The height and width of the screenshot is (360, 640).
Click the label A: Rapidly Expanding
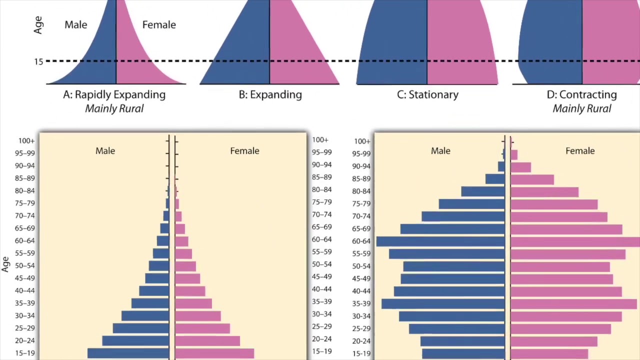114,94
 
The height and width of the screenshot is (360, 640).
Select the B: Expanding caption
270,94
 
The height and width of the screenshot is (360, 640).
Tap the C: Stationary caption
427,94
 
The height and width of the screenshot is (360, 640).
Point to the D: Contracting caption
581,94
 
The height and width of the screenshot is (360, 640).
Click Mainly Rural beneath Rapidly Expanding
114,108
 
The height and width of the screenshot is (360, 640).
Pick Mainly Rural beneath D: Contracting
581,108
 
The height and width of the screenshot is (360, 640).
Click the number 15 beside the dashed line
38,62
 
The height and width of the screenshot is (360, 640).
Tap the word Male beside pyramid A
75,24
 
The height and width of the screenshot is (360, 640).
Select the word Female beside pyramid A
159,24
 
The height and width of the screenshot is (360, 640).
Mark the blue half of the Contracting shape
550,45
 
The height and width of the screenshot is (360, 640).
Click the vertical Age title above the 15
38,25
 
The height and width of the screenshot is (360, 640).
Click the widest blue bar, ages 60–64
440,241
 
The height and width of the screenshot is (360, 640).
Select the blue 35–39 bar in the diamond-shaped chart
443,303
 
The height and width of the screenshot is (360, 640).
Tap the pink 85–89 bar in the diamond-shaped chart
532,179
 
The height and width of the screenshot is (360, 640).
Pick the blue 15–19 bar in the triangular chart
128,353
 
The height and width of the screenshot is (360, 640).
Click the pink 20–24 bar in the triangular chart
207,341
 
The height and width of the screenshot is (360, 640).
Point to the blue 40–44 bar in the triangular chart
154,290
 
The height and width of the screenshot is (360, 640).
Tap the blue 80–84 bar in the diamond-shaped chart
482,191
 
